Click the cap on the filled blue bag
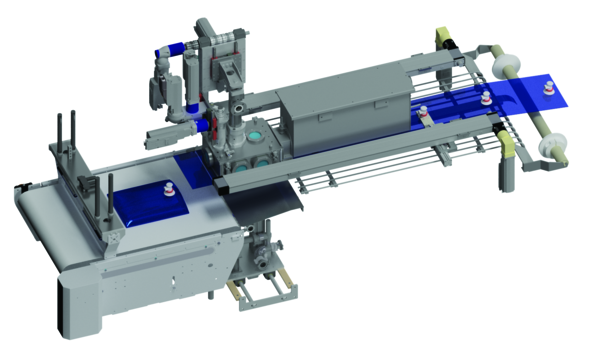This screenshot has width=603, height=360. [x=168, y=187]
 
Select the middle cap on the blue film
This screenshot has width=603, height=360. [x=486, y=97]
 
